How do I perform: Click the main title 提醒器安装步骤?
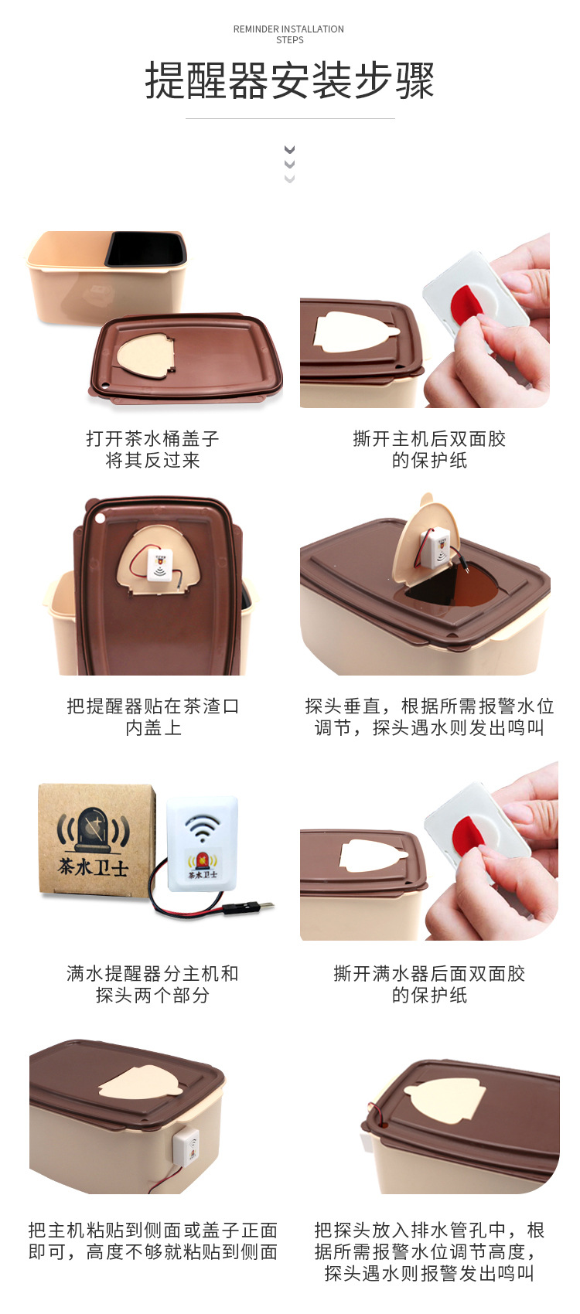coord(290,80)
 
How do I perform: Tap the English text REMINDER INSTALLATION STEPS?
coord(288,35)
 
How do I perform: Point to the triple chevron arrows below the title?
coord(289,164)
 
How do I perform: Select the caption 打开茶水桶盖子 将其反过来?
coord(152,449)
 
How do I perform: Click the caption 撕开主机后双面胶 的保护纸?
coord(429,449)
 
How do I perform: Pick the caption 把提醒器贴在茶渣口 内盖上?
coord(152,717)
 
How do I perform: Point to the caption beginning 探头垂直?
coord(429,717)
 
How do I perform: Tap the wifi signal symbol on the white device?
coord(201,828)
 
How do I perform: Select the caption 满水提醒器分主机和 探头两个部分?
coord(152,984)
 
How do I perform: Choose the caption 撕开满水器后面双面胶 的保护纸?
coord(429,984)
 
